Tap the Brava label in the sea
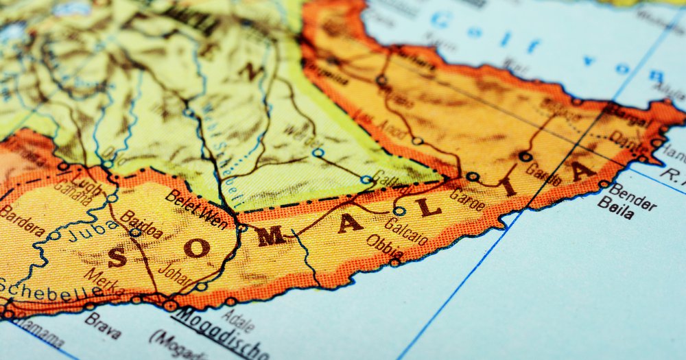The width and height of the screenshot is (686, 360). (x=103, y=326)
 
